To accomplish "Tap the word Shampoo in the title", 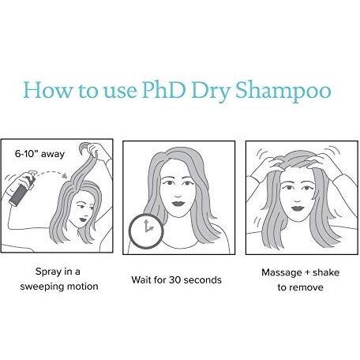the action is (283, 92).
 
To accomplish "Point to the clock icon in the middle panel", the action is (146, 231).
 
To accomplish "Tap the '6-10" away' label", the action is (39, 154).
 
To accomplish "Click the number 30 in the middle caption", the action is (174, 279).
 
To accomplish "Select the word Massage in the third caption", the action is (281, 272).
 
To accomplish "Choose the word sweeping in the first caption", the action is (42, 287).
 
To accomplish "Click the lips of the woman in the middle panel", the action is (178, 204).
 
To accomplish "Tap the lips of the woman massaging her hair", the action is (298, 208).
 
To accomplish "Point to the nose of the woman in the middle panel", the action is (178, 195).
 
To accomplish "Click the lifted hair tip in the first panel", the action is (84, 147).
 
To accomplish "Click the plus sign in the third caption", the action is (306, 272).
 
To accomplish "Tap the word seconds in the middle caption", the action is (202, 279).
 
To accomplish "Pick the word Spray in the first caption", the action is (48, 272).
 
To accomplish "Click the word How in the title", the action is (47, 90).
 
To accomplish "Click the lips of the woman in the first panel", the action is (83, 219).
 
